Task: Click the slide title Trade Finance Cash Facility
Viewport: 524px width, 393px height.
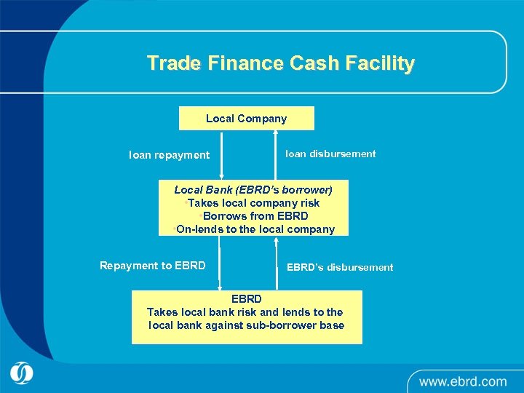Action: [x=280, y=63]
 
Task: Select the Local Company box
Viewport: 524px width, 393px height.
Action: [x=246, y=118]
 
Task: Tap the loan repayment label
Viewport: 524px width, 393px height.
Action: [x=169, y=155]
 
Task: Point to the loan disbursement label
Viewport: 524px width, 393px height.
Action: [x=330, y=154]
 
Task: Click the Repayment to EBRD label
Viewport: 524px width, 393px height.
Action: [x=153, y=266]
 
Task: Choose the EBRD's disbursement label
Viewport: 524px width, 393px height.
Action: [x=340, y=267]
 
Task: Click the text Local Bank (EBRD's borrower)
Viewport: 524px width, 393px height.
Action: [x=253, y=190]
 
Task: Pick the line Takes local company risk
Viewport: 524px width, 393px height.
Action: [x=253, y=203]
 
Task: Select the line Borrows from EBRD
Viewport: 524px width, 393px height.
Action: [x=255, y=216]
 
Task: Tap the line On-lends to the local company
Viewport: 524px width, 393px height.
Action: [x=255, y=229]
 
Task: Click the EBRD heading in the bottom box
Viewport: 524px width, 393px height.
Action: [x=246, y=299]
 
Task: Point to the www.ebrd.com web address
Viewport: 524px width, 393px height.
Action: [x=462, y=381]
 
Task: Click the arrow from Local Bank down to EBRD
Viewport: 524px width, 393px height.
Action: [x=220, y=263]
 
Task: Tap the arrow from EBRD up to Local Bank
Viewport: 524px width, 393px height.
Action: [x=277, y=263]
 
